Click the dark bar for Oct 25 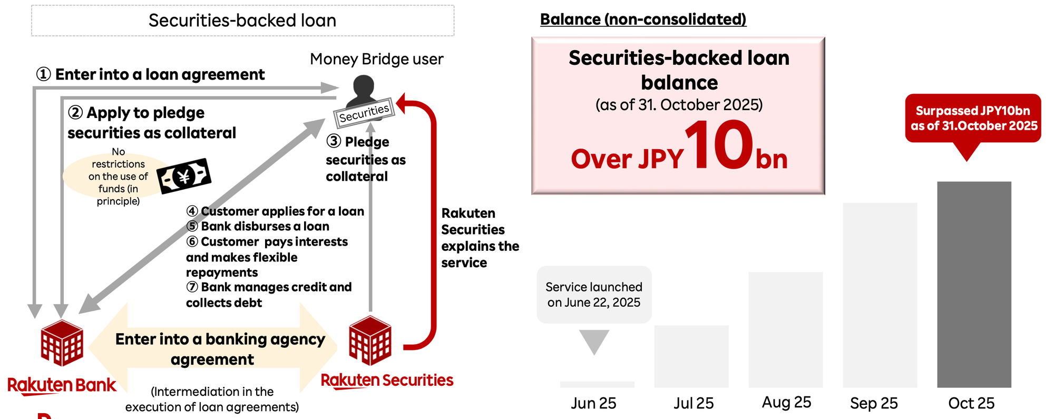[x=974, y=285]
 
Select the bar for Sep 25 [x=880, y=295]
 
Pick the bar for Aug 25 [x=785, y=329]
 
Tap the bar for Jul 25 [x=691, y=356]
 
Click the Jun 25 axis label [x=593, y=403]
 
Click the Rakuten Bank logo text [x=62, y=385]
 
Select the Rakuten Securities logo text [x=387, y=380]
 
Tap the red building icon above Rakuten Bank [x=62, y=343]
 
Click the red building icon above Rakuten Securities [x=370, y=340]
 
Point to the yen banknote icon [x=184, y=176]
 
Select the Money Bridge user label [x=376, y=59]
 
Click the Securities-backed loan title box [x=242, y=21]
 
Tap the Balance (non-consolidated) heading [x=643, y=20]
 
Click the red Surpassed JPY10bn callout [x=973, y=119]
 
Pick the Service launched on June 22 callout [x=594, y=295]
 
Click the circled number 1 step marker [x=43, y=74]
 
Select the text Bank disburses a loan [x=265, y=226]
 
